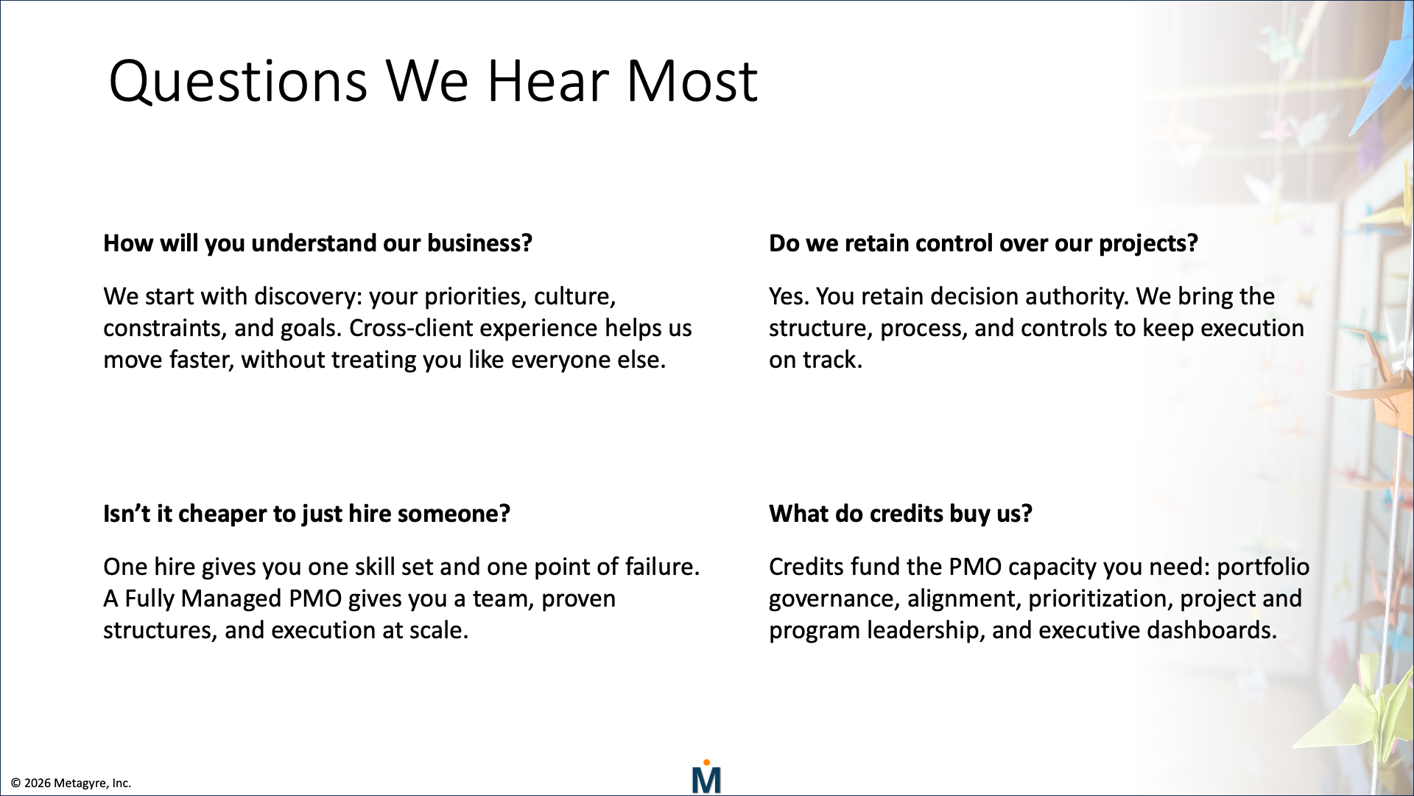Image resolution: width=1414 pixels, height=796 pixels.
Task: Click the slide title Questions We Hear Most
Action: (x=433, y=81)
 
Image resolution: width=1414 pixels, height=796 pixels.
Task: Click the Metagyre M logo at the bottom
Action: (x=706, y=777)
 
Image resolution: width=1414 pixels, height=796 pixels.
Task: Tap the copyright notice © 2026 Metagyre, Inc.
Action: (x=71, y=783)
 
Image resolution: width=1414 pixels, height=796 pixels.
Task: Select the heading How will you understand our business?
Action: (x=317, y=243)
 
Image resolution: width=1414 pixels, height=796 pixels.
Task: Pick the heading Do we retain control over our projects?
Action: (x=983, y=243)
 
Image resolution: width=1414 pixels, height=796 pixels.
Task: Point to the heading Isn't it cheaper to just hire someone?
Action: (x=306, y=514)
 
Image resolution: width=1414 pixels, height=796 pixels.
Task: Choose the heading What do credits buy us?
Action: (x=901, y=514)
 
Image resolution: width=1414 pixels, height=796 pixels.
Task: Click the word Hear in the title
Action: (x=547, y=81)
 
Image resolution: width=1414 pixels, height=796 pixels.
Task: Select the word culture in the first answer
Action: (x=574, y=296)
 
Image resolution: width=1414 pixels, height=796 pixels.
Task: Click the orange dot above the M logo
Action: (x=706, y=762)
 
